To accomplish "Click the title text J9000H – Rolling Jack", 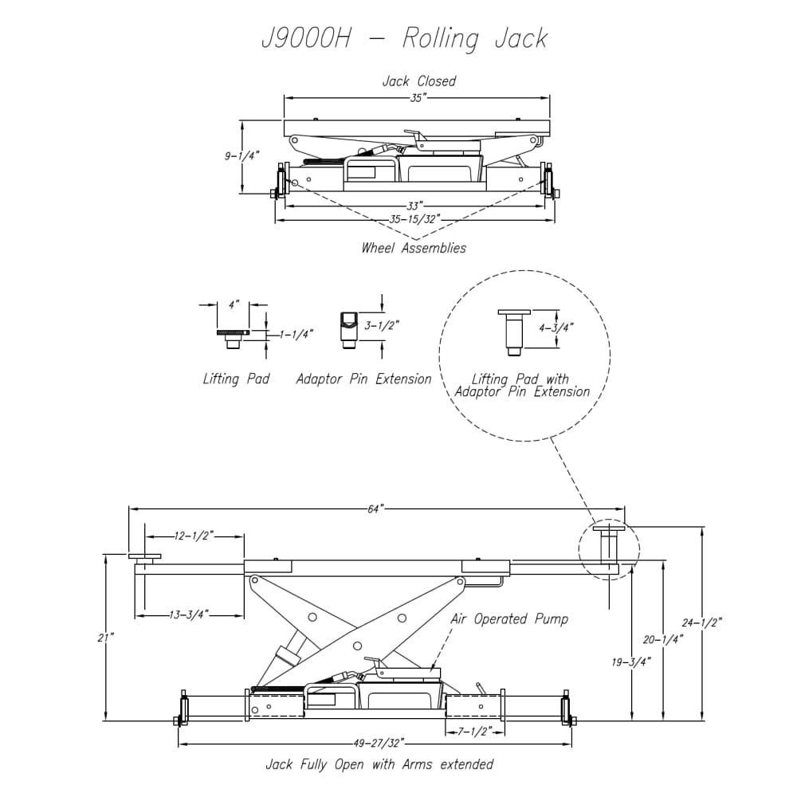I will point(404,38).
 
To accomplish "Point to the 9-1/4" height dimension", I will point(242,156).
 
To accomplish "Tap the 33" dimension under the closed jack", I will point(415,205).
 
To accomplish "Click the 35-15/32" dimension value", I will point(414,218).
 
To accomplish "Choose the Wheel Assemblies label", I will point(414,248).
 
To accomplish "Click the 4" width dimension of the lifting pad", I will point(233,304).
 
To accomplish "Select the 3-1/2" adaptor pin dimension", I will point(381,325).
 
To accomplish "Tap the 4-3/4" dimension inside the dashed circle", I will point(556,327).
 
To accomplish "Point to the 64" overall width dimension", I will point(376,509).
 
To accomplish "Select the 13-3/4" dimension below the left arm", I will point(190,614).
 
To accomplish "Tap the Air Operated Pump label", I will point(509,619).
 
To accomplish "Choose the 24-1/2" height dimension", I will point(701,623).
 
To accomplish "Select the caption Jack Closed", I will point(418,81).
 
